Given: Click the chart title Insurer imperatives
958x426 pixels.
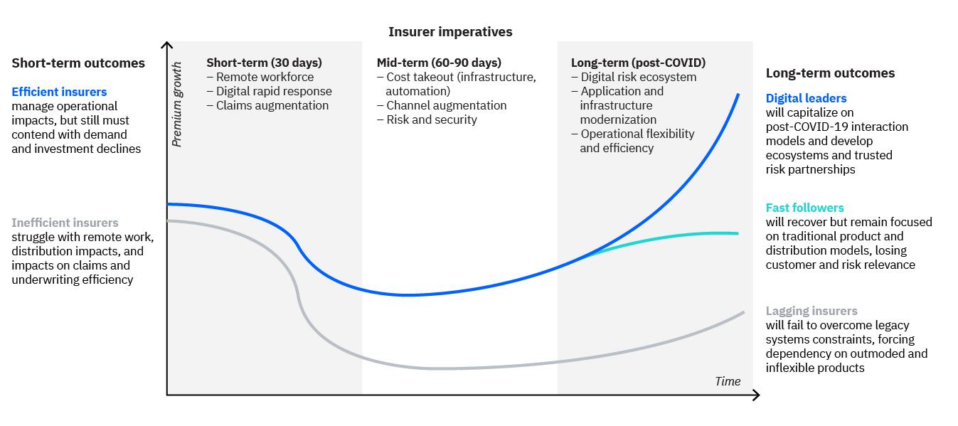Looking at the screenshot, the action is (450, 32).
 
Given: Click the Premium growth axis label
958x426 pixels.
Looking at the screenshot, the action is (176, 105).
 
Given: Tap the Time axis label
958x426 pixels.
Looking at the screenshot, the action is (728, 381).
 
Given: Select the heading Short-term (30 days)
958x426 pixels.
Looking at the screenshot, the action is (264, 63).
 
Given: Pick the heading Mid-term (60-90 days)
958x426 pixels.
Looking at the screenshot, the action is (439, 63).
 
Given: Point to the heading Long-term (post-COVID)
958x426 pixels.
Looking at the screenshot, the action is (638, 63).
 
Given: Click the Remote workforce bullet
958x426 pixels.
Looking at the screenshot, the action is (260, 77).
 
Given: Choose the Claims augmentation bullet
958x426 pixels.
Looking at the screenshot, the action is (267, 106).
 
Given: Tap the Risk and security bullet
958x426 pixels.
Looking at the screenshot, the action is (427, 119).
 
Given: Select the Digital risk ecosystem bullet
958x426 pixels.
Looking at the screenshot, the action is (634, 77).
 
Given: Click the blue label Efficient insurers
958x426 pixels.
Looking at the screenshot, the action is (59, 92).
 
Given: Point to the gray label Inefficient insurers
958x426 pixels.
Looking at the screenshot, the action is (65, 223).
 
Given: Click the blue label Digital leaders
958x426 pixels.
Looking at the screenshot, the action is (807, 98).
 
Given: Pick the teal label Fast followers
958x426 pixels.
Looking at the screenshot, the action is (805, 208).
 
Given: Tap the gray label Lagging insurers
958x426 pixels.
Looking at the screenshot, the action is (811, 311).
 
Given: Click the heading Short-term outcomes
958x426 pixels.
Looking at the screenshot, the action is (78, 63).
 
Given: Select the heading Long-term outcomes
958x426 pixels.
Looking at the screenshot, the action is (830, 73).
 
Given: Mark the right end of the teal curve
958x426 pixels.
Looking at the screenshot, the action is (738, 233).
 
